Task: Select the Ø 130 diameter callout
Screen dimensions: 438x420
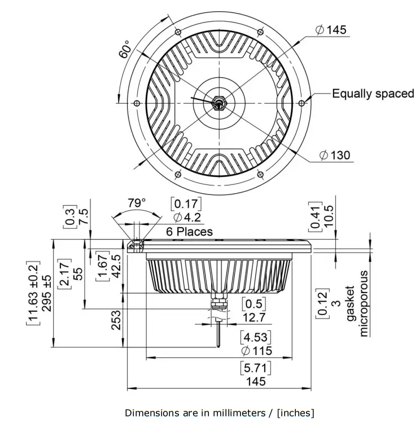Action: pyautogui.click(x=334, y=155)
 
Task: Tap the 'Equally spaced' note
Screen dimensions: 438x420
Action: pyautogui.click(x=373, y=94)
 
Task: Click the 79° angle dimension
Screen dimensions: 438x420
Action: pyautogui.click(x=136, y=202)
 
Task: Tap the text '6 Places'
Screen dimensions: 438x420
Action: pyautogui.click(x=189, y=231)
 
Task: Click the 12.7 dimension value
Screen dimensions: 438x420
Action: pyautogui.click(x=254, y=317)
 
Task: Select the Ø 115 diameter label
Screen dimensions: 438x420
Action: pyautogui.click(x=256, y=351)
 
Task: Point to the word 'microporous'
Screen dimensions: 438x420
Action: pyautogui.click(x=364, y=304)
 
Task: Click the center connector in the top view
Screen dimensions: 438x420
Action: pyautogui.click(x=218, y=103)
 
